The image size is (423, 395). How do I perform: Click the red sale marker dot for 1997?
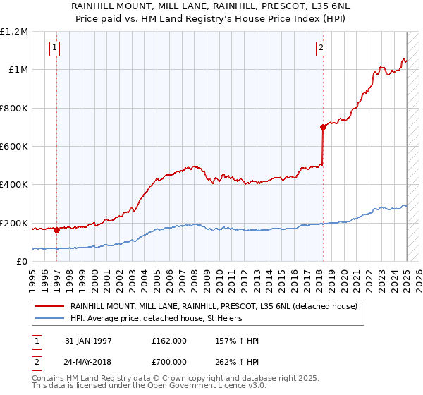tap(56, 230)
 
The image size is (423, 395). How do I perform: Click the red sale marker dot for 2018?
tap(323, 128)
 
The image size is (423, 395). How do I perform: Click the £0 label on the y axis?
tap(21, 262)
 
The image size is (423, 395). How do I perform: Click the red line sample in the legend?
tap(50, 307)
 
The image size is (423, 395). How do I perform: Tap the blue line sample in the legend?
tap(50, 319)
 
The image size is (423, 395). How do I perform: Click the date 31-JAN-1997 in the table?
tap(89, 341)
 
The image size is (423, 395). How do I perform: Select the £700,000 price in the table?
tap(168, 361)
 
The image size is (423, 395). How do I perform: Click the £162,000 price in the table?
tap(168, 341)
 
